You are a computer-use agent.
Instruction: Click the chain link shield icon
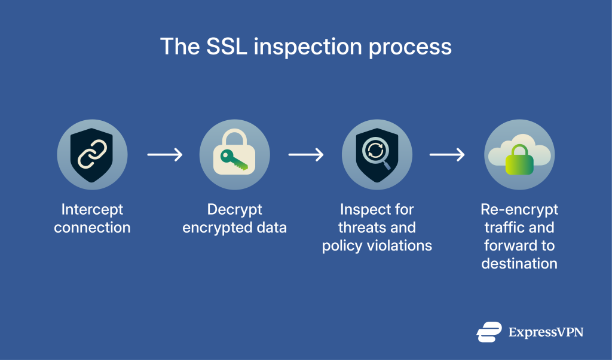pyautogui.click(x=92, y=154)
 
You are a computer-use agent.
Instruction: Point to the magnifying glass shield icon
pyautogui.click(x=377, y=154)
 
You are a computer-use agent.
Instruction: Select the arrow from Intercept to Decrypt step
pyautogui.click(x=164, y=155)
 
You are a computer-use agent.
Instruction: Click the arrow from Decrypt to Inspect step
pyautogui.click(x=305, y=155)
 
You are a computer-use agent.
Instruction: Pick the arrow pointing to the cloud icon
pyautogui.click(x=447, y=155)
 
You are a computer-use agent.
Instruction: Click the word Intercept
pyautogui.click(x=92, y=210)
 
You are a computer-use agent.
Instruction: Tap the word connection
pyautogui.click(x=92, y=228)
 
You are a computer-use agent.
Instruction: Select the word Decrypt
pyautogui.click(x=234, y=210)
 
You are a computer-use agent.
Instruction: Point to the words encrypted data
pyautogui.click(x=234, y=228)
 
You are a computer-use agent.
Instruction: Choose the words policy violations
pyautogui.click(x=377, y=246)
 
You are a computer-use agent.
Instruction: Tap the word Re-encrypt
pyautogui.click(x=519, y=210)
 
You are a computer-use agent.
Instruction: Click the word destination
pyautogui.click(x=519, y=264)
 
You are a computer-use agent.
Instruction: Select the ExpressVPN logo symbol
pyautogui.click(x=489, y=332)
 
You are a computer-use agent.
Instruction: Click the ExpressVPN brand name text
pyautogui.click(x=545, y=332)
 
